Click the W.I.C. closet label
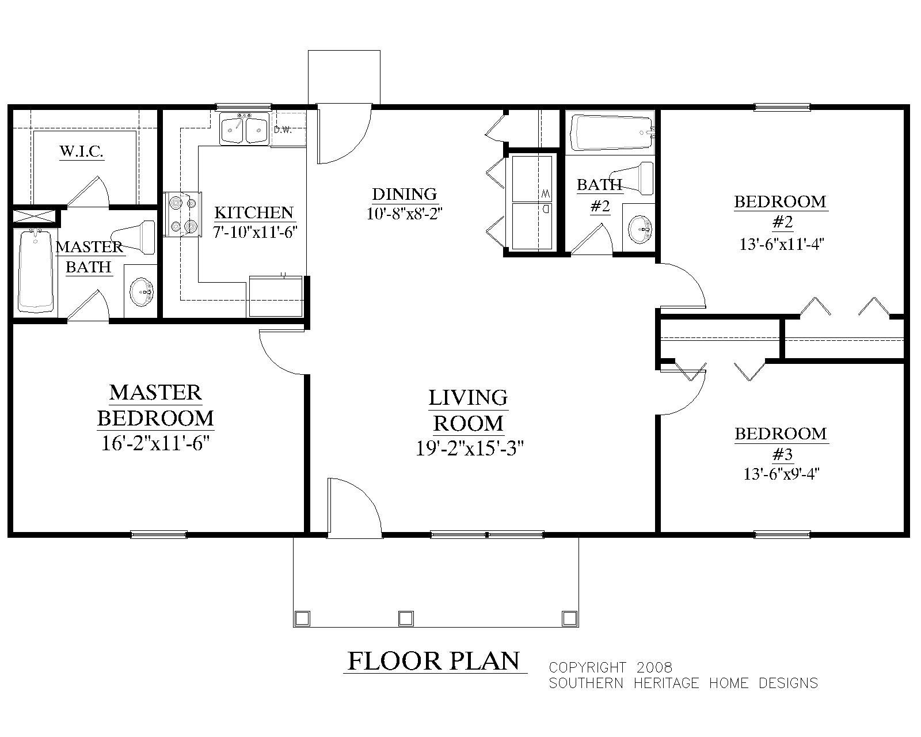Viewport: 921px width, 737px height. [x=81, y=152]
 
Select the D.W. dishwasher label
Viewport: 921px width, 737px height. [x=283, y=130]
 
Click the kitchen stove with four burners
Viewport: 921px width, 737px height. [x=183, y=214]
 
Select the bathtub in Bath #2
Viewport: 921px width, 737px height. [x=612, y=133]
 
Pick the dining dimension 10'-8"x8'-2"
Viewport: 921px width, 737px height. [x=404, y=214]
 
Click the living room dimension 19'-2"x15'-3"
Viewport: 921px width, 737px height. [x=469, y=448]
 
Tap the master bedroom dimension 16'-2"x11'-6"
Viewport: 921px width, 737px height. [x=154, y=444]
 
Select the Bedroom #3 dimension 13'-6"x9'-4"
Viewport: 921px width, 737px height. [x=781, y=474]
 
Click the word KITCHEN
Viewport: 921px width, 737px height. [x=254, y=212]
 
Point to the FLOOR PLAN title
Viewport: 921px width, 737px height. [x=434, y=660]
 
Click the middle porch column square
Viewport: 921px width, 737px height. [x=406, y=618]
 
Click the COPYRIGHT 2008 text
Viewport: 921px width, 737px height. [x=610, y=667]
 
